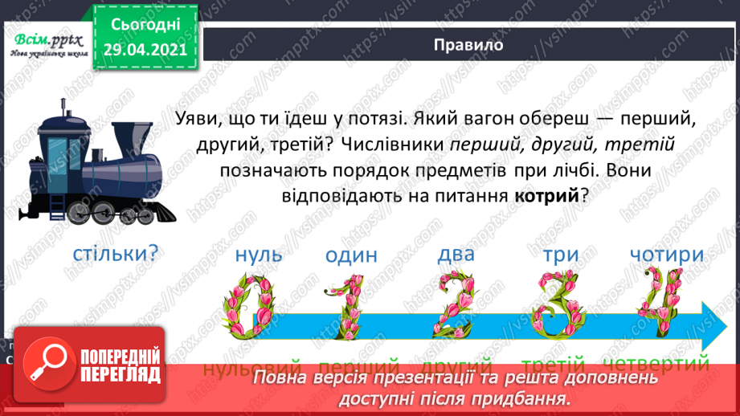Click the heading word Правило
[468, 45]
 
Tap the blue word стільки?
[115, 254]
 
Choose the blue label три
[560, 255]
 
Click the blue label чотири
[667, 255]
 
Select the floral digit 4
[660, 304]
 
